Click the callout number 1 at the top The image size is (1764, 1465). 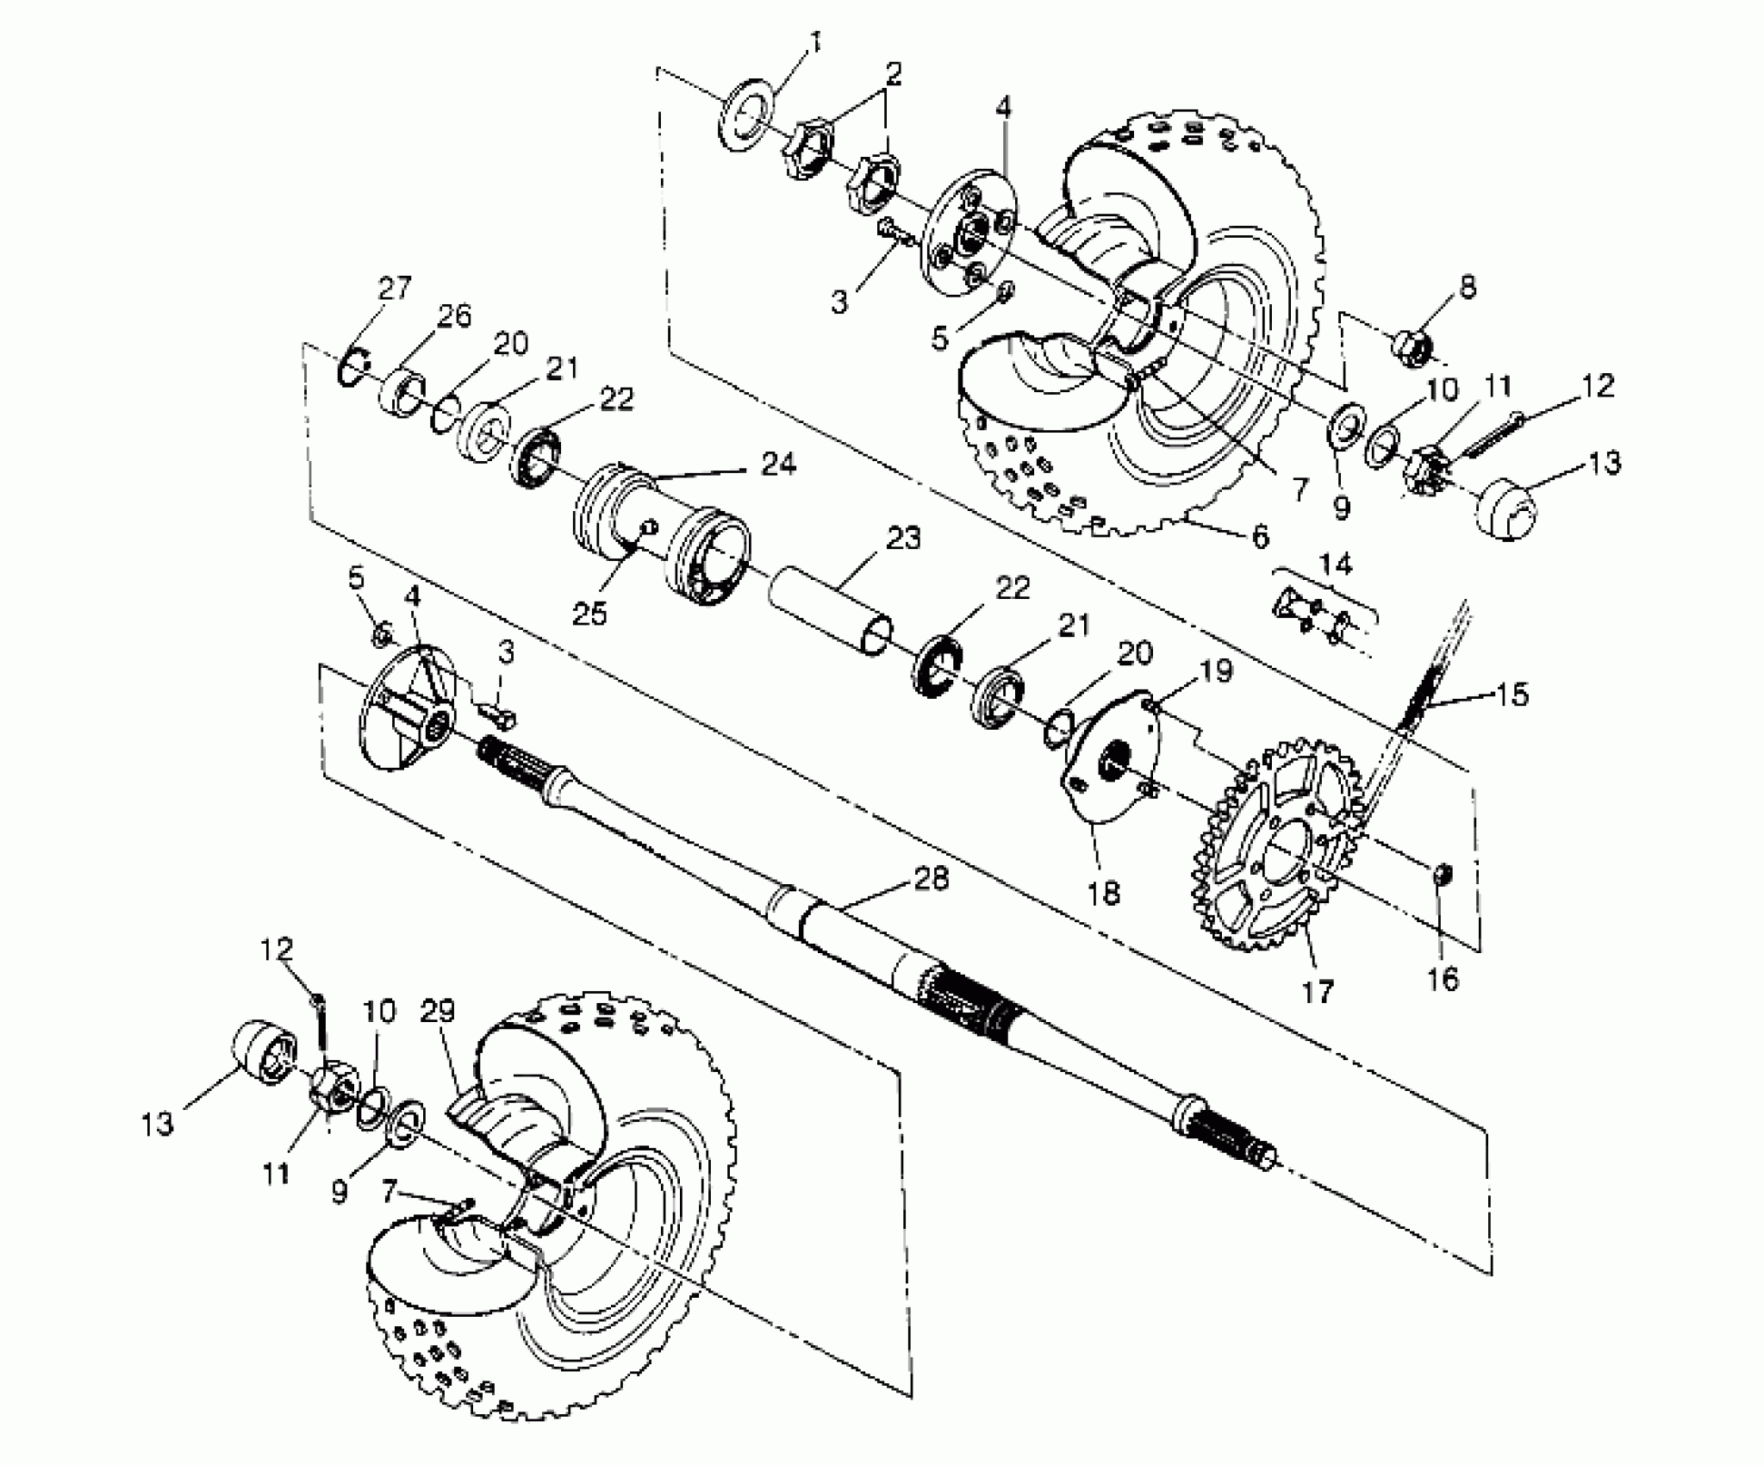[x=815, y=41]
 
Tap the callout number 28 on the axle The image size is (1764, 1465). [x=930, y=879]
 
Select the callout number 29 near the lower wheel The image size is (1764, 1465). [x=437, y=1011]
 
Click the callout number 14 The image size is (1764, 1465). [x=1336, y=564]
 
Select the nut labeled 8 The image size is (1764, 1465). [x=1411, y=346]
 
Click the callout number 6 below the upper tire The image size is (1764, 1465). [x=1259, y=537]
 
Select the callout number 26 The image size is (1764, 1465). [x=453, y=316]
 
